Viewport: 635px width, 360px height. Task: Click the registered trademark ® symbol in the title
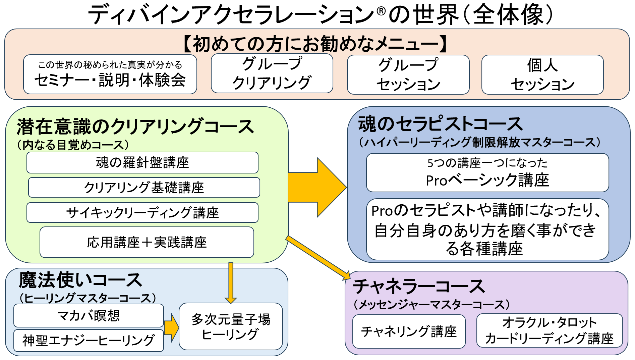click(x=381, y=11)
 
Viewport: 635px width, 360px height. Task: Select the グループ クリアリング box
click(x=272, y=73)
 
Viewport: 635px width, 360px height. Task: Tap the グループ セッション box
click(x=408, y=74)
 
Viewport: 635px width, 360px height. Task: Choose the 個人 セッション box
click(x=542, y=74)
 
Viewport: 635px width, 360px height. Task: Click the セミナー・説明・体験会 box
click(x=110, y=74)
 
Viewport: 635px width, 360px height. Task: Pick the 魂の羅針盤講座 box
click(x=142, y=163)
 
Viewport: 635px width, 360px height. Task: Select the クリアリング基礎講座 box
click(x=144, y=188)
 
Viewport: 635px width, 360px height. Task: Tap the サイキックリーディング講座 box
click(x=142, y=212)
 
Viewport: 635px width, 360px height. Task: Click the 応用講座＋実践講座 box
click(x=147, y=242)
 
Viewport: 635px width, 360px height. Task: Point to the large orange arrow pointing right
click(x=317, y=188)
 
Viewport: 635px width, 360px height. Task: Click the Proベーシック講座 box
click(x=487, y=172)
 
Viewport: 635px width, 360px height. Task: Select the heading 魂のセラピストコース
click(x=441, y=124)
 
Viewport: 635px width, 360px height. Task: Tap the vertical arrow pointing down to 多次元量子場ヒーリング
click(x=231, y=283)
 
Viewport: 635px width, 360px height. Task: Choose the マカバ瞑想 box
click(x=89, y=315)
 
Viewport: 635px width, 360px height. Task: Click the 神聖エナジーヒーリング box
click(x=89, y=340)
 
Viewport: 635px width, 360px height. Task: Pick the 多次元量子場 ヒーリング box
click(x=231, y=326)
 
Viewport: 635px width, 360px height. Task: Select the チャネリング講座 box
click(x=409, y=331)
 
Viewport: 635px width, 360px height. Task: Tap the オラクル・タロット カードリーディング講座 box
click(x=550, y=330)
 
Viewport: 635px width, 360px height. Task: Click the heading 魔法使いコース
click(x=80, y=280)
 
